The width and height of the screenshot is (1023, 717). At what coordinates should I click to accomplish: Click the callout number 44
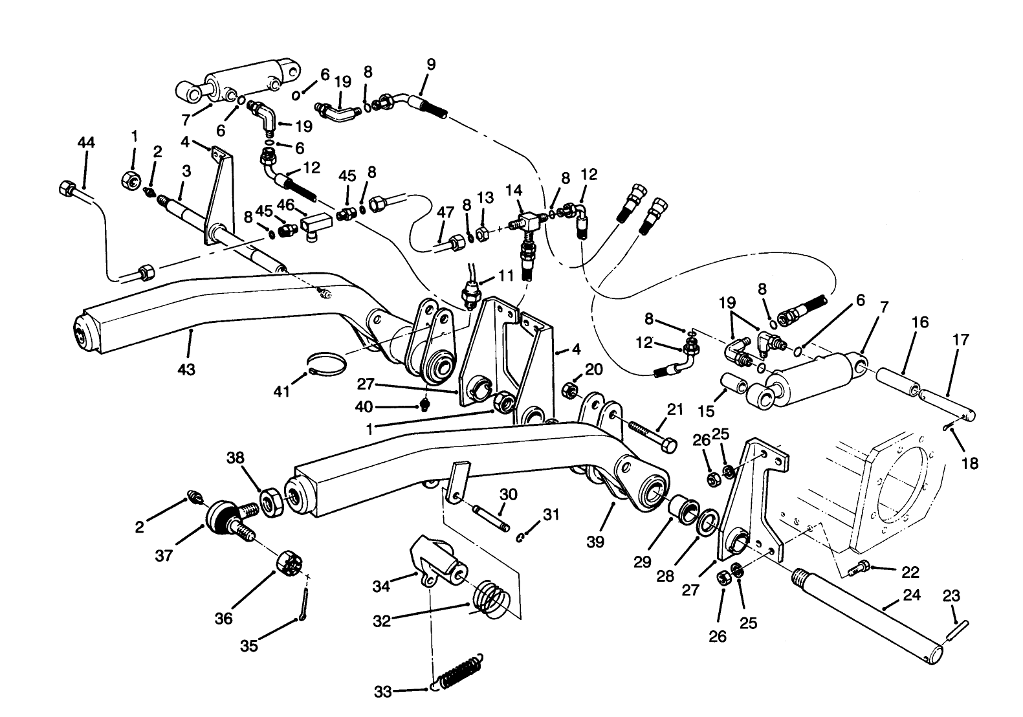click(86, 142)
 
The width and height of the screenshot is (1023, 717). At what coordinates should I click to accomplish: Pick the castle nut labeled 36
click(291, 562)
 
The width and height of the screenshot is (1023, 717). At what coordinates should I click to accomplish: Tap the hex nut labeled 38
click(270, 502)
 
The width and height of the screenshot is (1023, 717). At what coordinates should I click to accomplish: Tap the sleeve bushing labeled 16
click(897, 382)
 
